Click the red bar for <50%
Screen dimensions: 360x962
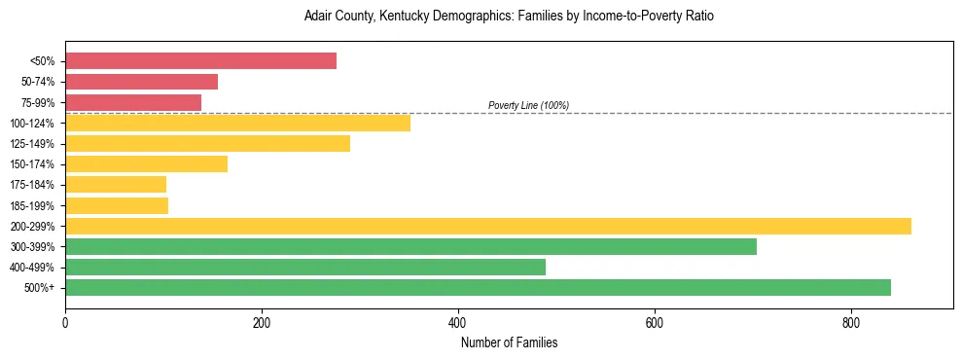(200, 61)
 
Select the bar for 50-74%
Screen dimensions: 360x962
(141, 82)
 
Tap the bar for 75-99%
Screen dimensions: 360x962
(133, 102)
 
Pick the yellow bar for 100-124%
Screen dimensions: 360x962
(237, 123)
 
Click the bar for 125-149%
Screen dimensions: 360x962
(207, 143)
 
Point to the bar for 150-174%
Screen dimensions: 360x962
(146, 163)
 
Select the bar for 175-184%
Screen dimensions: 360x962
(116, 184)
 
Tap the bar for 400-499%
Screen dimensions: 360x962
(305, 267)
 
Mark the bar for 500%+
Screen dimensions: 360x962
(478, 287)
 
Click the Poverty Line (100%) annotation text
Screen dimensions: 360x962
(528, 105)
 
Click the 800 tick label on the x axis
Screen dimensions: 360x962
(850, 323)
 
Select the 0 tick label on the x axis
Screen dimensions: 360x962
(65, 323)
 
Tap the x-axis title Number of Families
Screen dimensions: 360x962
(509, 342)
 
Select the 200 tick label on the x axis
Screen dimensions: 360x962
(262, 323)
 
